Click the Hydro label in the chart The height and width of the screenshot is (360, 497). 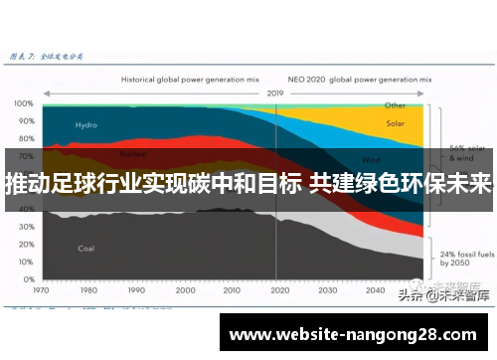coord(86,125)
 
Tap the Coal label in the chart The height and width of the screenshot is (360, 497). coord(86,248)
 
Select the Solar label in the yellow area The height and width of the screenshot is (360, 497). coord(395,124)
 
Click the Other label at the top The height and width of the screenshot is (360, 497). coord(395,104)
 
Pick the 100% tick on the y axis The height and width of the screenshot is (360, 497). coord(22,103)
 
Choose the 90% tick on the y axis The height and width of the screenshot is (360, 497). coord(22,121)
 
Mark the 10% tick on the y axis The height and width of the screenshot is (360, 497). coord(22,265)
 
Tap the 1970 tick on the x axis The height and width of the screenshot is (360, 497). coord(42,291)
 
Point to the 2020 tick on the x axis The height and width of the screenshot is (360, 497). coord(279,291)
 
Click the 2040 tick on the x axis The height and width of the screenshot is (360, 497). coord(374,291)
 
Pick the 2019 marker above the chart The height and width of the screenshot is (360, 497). coord(275,92)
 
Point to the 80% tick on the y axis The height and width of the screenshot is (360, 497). coord(22,139)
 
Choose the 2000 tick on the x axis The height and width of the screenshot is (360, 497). coord(184,291)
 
